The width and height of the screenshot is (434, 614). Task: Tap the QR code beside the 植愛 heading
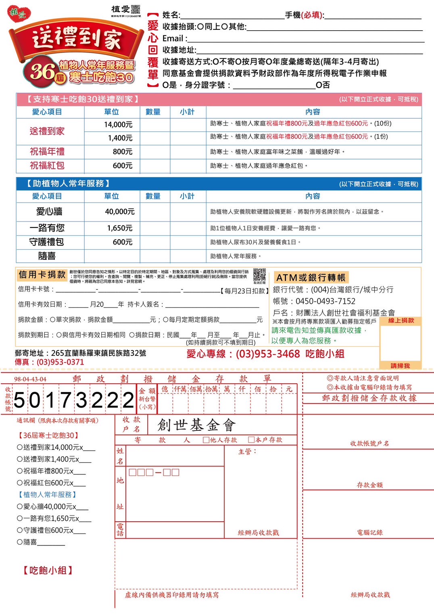point(136,9)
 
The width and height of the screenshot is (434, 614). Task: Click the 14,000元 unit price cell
point(118,125)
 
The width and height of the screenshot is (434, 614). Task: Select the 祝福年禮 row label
point(47,152)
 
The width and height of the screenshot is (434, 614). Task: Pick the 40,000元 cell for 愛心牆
point(120,212)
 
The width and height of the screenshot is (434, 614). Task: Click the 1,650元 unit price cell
point(120,228)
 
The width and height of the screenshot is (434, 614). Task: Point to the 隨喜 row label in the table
point(47,256)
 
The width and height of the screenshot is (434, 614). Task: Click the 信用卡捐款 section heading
point(42,275)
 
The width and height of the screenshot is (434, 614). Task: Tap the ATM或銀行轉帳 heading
point(311,278)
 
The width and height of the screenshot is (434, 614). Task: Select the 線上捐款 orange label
point(401,320)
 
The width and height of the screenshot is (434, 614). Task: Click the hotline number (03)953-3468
point(268,354)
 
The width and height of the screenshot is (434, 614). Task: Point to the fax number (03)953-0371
point(61,362)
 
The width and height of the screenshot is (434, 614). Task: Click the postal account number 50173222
point(74,401)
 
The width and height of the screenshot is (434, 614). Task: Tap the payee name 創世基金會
point(196,425)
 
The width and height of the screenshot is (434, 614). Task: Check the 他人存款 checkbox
point(206,440)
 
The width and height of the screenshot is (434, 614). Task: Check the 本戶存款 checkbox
point(251,440)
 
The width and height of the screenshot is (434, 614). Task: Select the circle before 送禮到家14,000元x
point(20,447)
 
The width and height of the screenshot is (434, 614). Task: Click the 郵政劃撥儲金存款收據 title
point(369,398)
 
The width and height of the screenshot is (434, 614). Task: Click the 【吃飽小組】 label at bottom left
point(48,570)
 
